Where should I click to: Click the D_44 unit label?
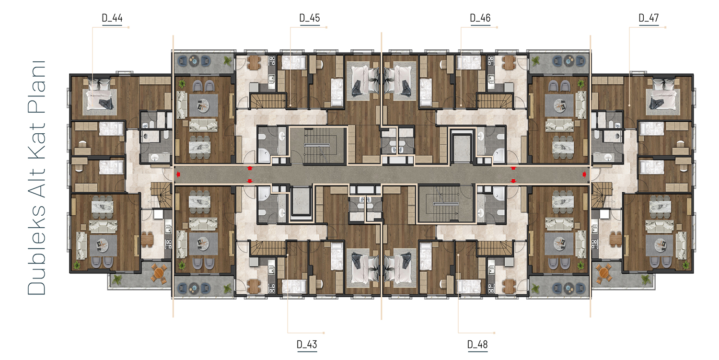[x=112, y=18]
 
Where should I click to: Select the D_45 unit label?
[x=310, y=18]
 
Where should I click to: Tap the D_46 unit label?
[x=480, y=18]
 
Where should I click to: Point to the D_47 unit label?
[x=649, y=18]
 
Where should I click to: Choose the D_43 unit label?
[x=307, y=345]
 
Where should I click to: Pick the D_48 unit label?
[x=477, y=345]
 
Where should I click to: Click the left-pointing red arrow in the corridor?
[x=178, y=174]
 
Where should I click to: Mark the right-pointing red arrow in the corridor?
[x=584, y=174]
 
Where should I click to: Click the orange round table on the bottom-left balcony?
[x=159, y=273]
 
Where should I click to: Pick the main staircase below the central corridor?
[x=446, y=204]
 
